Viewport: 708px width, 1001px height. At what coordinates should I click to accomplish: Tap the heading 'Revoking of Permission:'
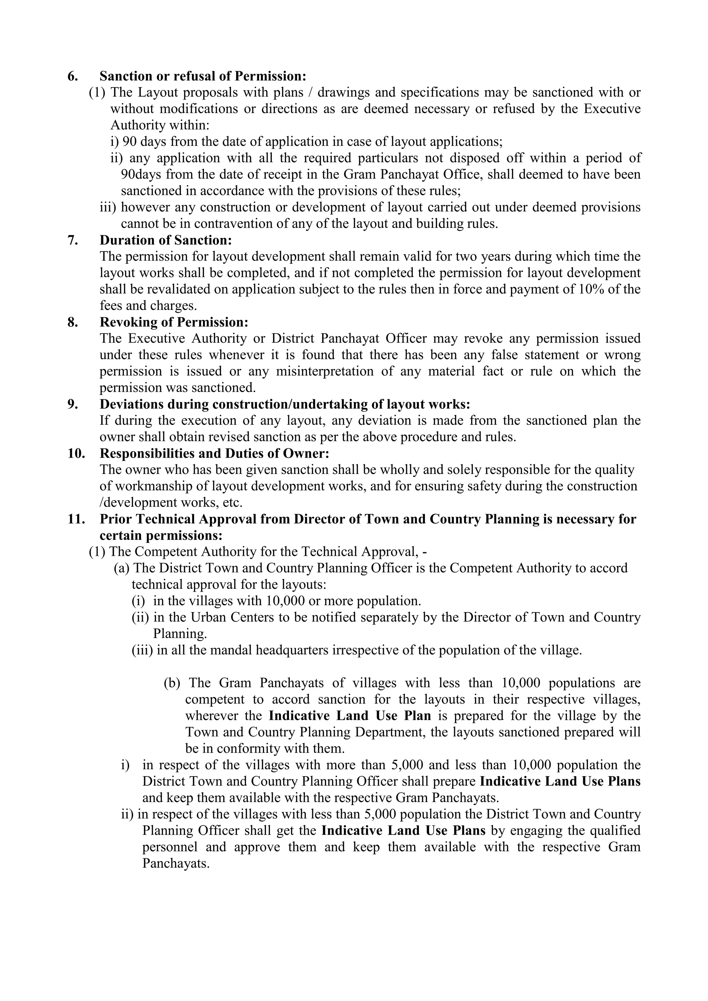tap(174, 322)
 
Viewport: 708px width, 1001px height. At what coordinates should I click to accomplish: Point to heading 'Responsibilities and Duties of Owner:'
tap(214, 454)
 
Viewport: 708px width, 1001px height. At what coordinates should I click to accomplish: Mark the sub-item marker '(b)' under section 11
tap(172, 683)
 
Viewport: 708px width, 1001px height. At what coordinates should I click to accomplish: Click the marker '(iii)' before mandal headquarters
tap(142, 650)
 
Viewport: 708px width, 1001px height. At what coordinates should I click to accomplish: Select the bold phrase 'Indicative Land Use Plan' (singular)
tap(350, 715)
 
